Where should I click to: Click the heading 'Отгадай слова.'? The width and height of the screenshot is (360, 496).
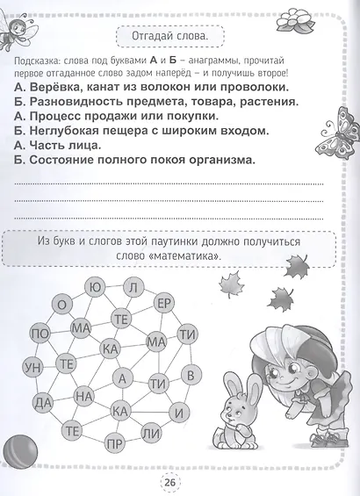click(x=168, y=39)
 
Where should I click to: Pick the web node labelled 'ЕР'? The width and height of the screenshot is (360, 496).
click(x=163, y=303)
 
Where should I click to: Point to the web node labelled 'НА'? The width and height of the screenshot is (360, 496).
click(x=84, y=397)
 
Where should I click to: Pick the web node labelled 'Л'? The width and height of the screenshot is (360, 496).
click(x=132, y=287)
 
